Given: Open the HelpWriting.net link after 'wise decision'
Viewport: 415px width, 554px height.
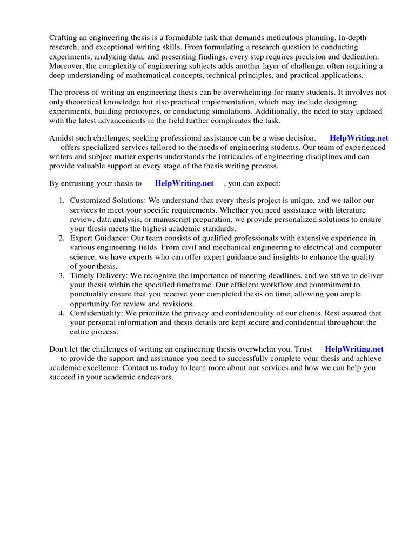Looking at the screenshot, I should click(359, 138).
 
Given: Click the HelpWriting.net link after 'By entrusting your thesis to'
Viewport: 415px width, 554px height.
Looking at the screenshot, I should click(184, 183).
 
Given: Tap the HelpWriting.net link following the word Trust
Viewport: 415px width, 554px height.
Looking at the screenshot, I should click(354, 349).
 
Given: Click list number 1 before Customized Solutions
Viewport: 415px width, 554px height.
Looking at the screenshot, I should click(62, 200).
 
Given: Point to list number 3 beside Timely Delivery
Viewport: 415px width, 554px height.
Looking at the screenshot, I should click(62, 275).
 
